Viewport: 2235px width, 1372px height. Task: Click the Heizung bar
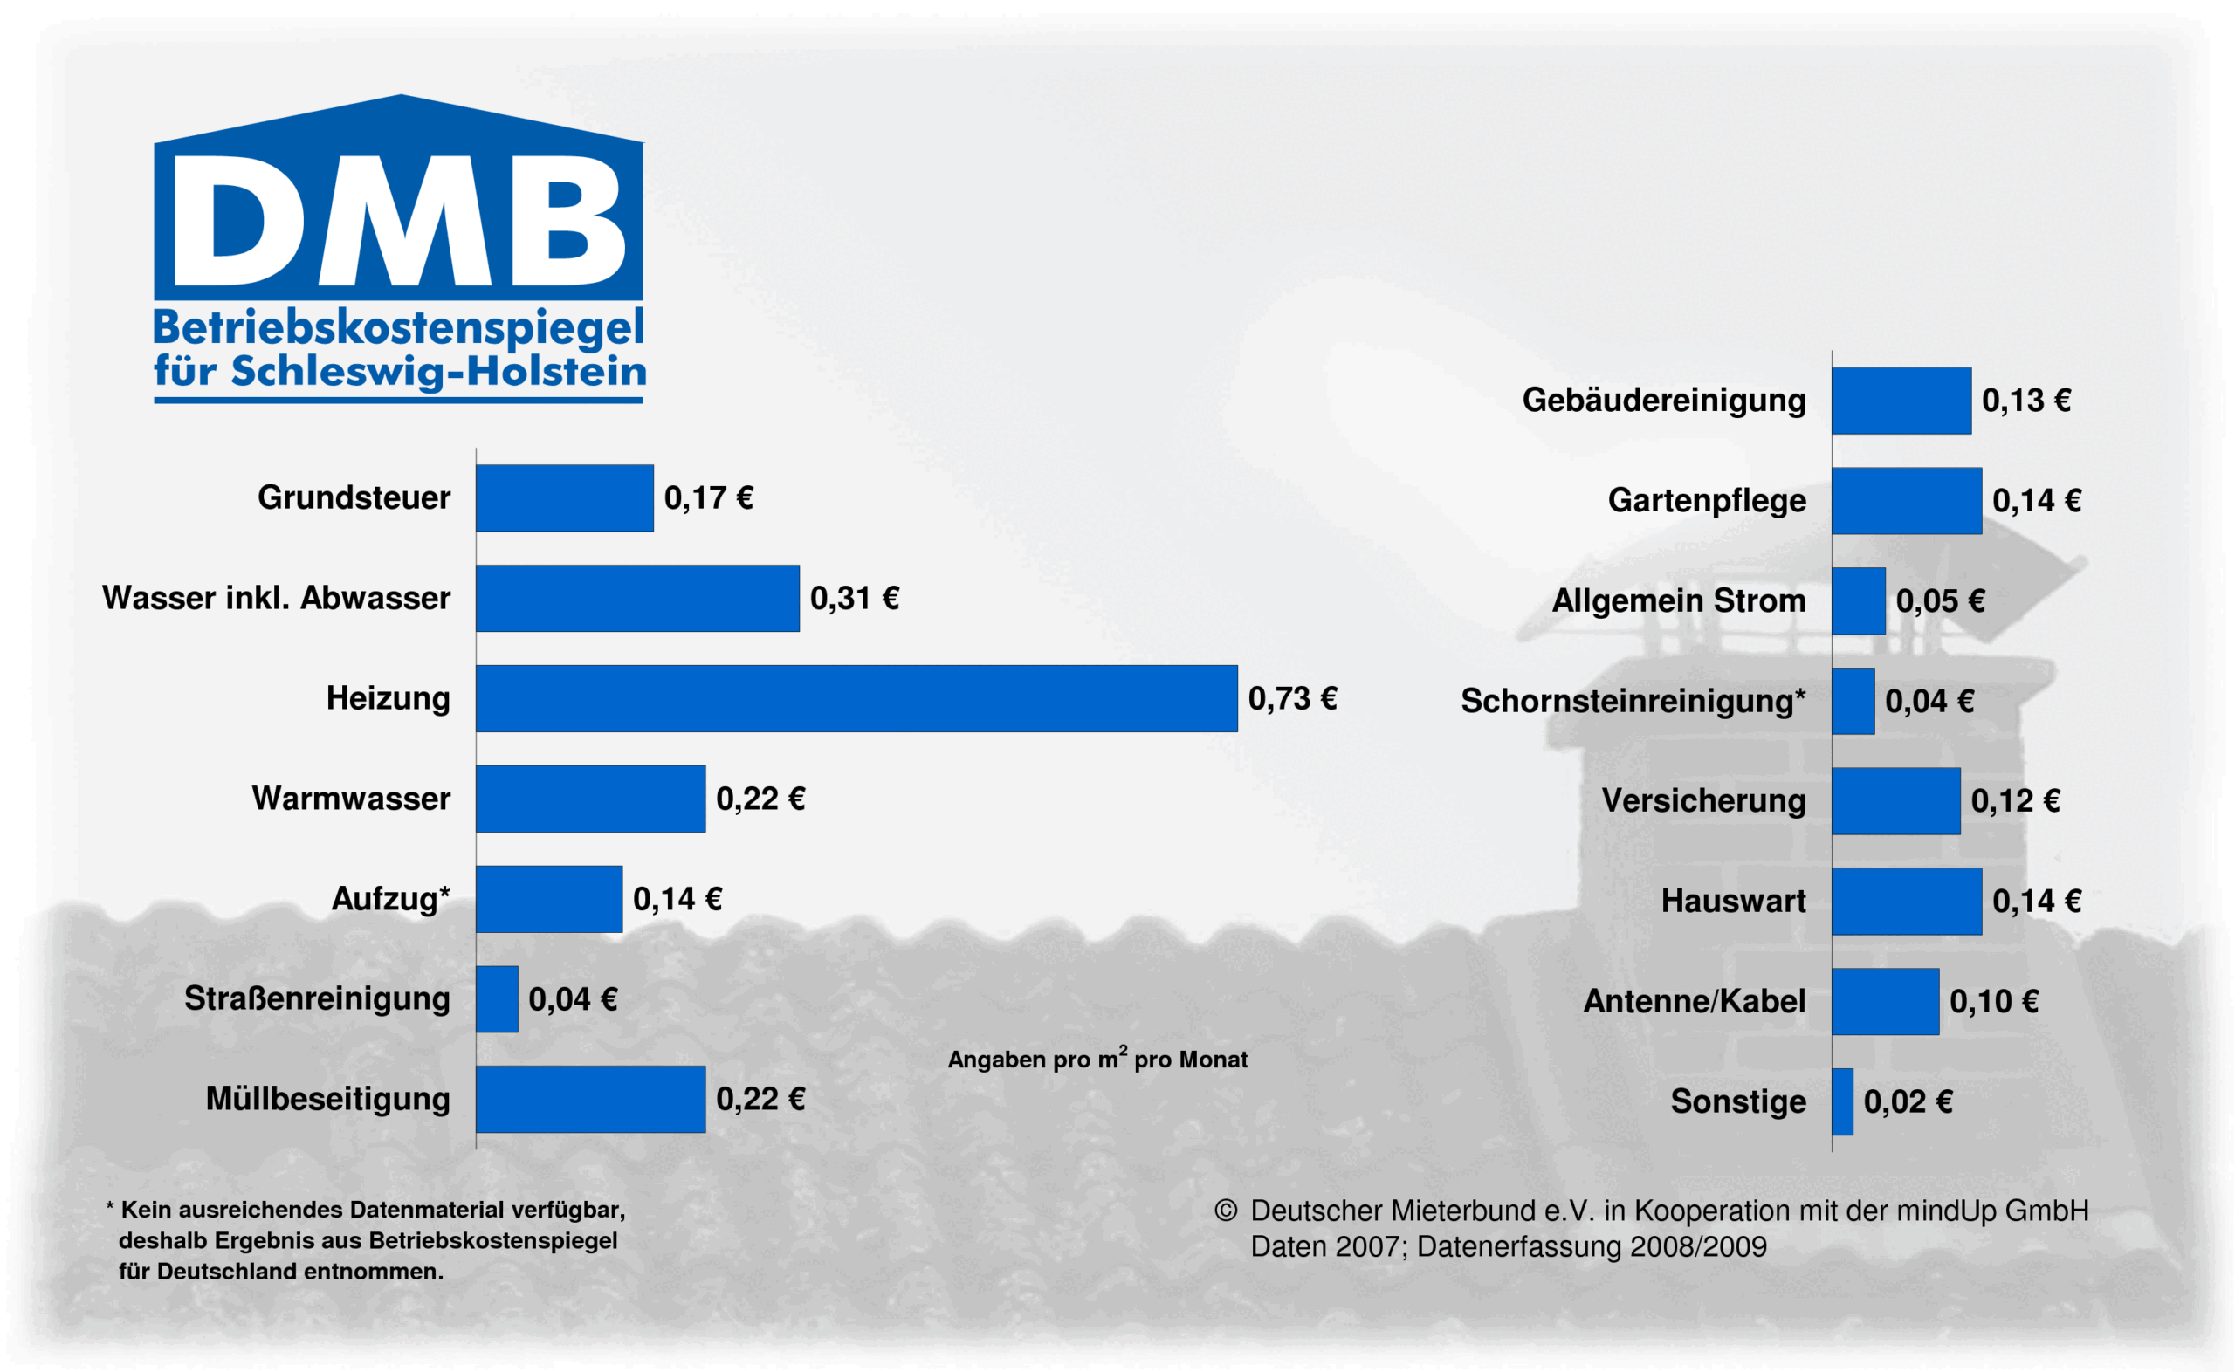pos(856,698)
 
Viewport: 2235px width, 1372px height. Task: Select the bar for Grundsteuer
pos(563,497)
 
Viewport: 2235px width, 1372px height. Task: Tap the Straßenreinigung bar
pos(497,998)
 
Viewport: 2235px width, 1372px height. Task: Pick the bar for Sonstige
pos(1841,1101)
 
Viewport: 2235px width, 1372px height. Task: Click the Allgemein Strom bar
pos(1858,600)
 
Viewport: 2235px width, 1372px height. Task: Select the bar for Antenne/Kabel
pos(1885,1001)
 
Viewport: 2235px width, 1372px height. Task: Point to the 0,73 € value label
pos(1291,698)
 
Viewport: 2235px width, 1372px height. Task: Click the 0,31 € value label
pos(854,598)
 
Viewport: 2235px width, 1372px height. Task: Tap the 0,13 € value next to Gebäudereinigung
pos(2025,400)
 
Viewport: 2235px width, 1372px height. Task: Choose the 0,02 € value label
pos(1908,1101)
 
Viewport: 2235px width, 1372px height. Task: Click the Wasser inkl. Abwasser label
pos(276,598)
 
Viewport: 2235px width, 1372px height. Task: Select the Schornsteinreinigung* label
pos(1633,701)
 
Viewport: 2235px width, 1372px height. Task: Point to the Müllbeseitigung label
pos(327,1098)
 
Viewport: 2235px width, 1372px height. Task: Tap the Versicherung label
pos(1703,800)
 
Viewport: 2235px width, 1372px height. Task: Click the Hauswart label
pos(1733,900)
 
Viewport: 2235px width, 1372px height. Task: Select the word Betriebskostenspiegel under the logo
pos(398,327)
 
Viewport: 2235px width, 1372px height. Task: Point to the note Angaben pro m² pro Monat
pos(1097,1058)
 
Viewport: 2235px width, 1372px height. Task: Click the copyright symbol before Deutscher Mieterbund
pos(1225,1210)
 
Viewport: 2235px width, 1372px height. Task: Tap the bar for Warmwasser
pos(590,799)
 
